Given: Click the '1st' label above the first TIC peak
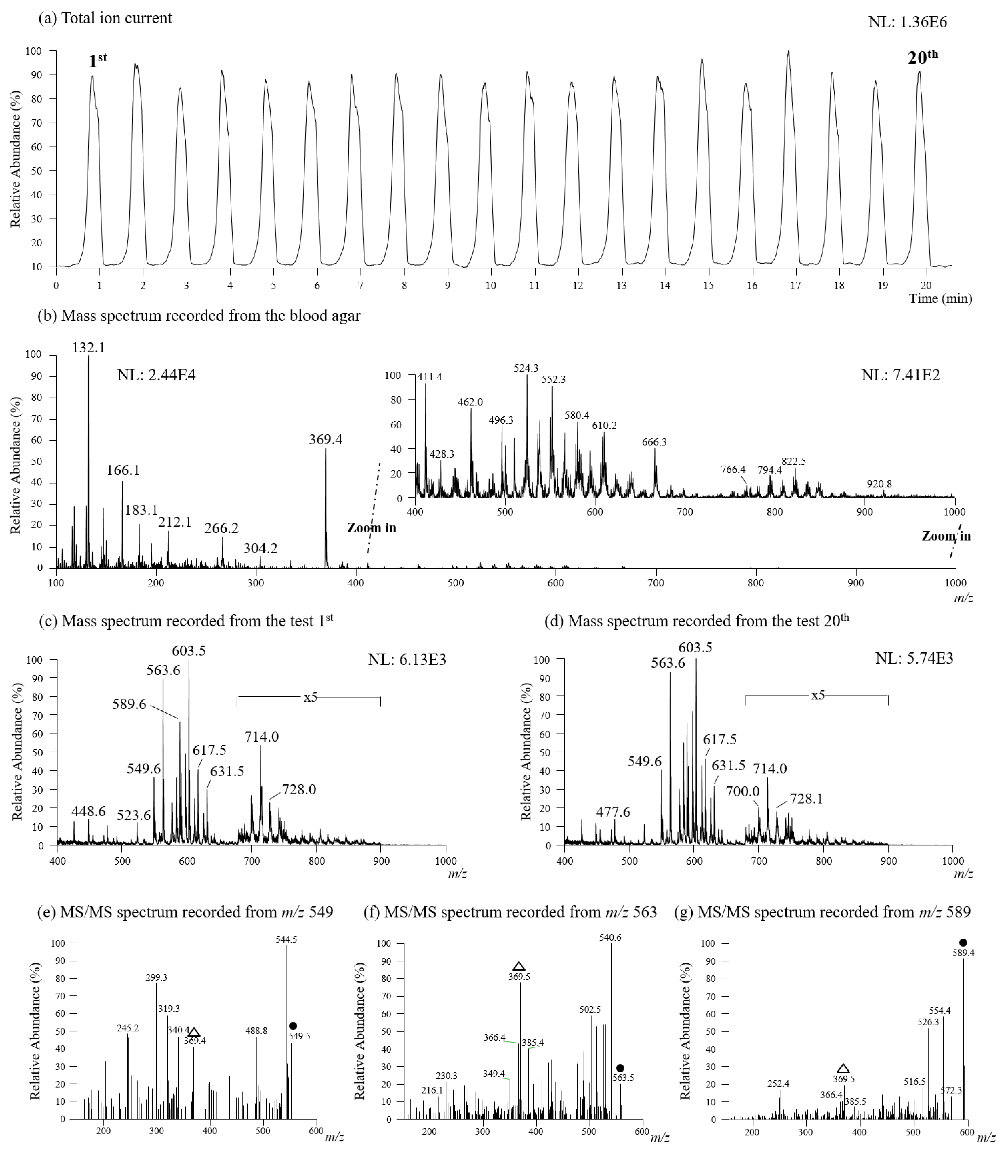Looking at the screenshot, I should [98, 60].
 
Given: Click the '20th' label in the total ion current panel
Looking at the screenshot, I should [922, 57].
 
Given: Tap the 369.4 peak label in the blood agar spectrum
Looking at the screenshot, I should [326, 439].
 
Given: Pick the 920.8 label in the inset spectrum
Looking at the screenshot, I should [879, 484].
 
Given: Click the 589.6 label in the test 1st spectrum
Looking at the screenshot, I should [129, 704].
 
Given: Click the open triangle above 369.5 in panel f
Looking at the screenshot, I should [519, 966].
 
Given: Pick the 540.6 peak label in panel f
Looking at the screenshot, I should [610, 937].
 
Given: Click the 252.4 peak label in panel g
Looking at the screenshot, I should [778, 1084].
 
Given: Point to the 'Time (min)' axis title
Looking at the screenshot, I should [940, 298].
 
